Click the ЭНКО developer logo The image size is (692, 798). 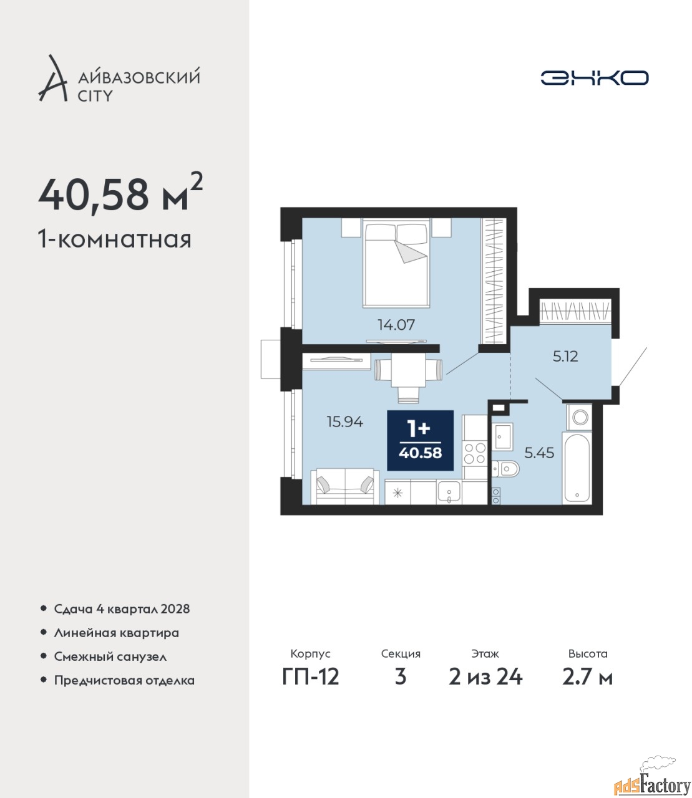594,77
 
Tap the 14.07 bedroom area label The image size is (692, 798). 396,325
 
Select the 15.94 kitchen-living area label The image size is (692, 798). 344,421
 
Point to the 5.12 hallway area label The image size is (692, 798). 565,356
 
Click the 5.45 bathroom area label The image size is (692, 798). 539,453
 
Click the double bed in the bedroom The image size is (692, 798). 396,263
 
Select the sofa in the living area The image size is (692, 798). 345,486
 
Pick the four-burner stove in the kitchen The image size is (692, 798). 475,453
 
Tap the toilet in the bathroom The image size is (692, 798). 505,469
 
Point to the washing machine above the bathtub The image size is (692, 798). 579,417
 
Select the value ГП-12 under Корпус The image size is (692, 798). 311,676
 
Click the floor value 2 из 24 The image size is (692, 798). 485,676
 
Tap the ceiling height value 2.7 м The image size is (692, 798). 587,676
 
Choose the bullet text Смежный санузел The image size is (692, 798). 110,656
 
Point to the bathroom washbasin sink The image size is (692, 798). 502,436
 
